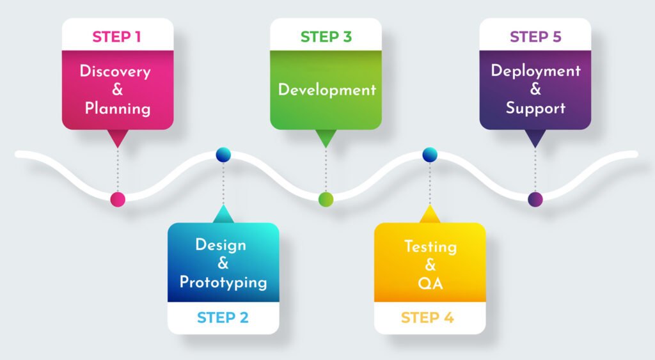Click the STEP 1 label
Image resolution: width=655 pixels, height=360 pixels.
116,36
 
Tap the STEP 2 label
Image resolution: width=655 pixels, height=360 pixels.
223,317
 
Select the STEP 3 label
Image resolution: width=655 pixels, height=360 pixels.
326,36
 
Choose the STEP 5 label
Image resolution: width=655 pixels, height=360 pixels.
535,36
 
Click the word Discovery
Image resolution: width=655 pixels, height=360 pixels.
115,71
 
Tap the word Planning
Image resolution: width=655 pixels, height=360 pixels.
118,108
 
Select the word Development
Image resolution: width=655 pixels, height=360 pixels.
326,90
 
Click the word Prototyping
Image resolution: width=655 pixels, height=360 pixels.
223,282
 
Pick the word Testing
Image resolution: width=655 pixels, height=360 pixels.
430,246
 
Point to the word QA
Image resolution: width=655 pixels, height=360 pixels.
430,283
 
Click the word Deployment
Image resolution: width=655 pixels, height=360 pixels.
535,70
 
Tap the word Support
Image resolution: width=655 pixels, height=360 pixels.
535,107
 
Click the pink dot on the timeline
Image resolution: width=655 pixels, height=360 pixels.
117,199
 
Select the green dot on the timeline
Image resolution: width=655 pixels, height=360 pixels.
326,199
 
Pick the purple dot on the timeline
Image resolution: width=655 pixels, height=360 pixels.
535,199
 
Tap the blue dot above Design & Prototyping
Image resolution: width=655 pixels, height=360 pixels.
223,154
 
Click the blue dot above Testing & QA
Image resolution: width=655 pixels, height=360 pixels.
430,154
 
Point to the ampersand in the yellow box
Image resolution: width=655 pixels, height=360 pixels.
430,265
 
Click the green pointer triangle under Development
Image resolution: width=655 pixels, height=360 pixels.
326,137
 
